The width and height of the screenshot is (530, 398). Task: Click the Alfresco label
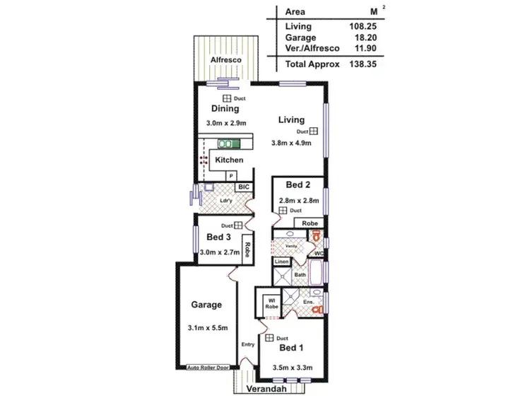(x=227, y=61)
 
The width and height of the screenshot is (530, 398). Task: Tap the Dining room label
(x=225, y=109)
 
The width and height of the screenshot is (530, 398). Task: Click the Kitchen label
(x=229, y=160)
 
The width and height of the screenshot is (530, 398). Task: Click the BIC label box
(x=243, y=187)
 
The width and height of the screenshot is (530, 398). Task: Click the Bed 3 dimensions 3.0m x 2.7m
(x=220, y=252)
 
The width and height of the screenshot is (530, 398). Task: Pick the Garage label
(x=206, y=305)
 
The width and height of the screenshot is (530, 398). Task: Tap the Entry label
(x=248, y=344)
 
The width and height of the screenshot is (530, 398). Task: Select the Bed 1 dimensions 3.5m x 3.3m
(x=291, y=368)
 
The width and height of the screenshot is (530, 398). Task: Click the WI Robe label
(x=271, y=303)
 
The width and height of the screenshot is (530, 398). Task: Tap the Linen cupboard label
(x=281, y=262)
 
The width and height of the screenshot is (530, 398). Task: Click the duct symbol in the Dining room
(x=228, y=98)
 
